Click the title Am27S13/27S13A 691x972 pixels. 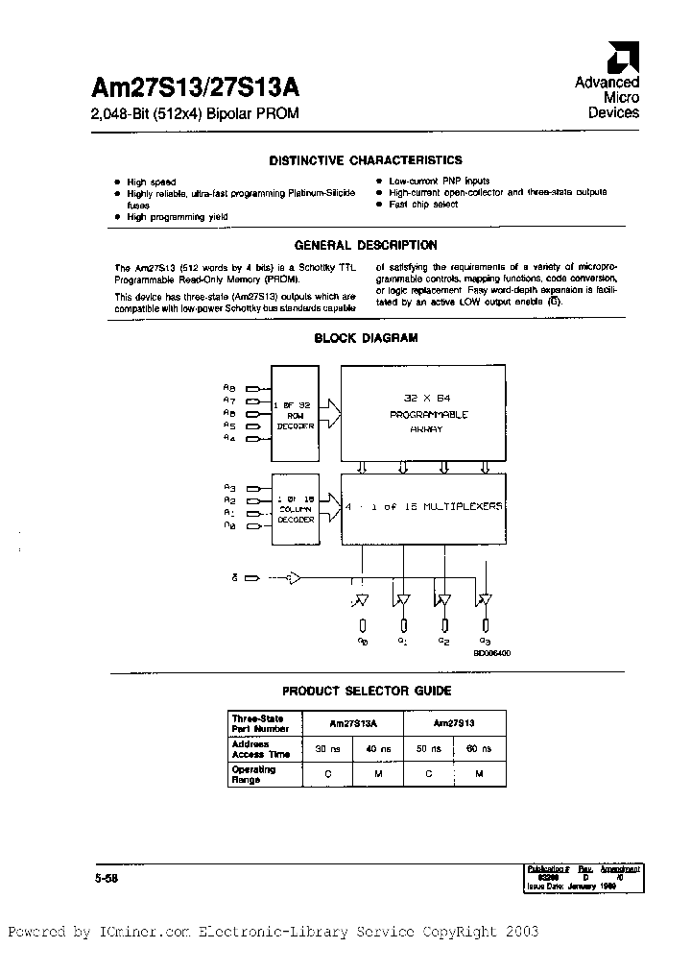pos(196,88)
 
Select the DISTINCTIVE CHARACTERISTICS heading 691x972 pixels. pos(365,160)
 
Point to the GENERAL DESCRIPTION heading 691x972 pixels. pos(365,245)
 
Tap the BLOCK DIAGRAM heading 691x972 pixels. pos(366,338)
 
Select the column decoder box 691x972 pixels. pos(294,505)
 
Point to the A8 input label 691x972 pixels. pos(229,387)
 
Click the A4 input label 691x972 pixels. pos(229,438)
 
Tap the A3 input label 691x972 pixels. pos(229,488)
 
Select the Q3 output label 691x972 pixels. pos(486,641)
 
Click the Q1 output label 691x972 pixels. pos(402,641)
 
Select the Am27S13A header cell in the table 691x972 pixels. pos(352,722)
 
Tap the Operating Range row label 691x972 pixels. pos(247,774)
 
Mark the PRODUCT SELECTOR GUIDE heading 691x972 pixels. pos(366,691)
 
